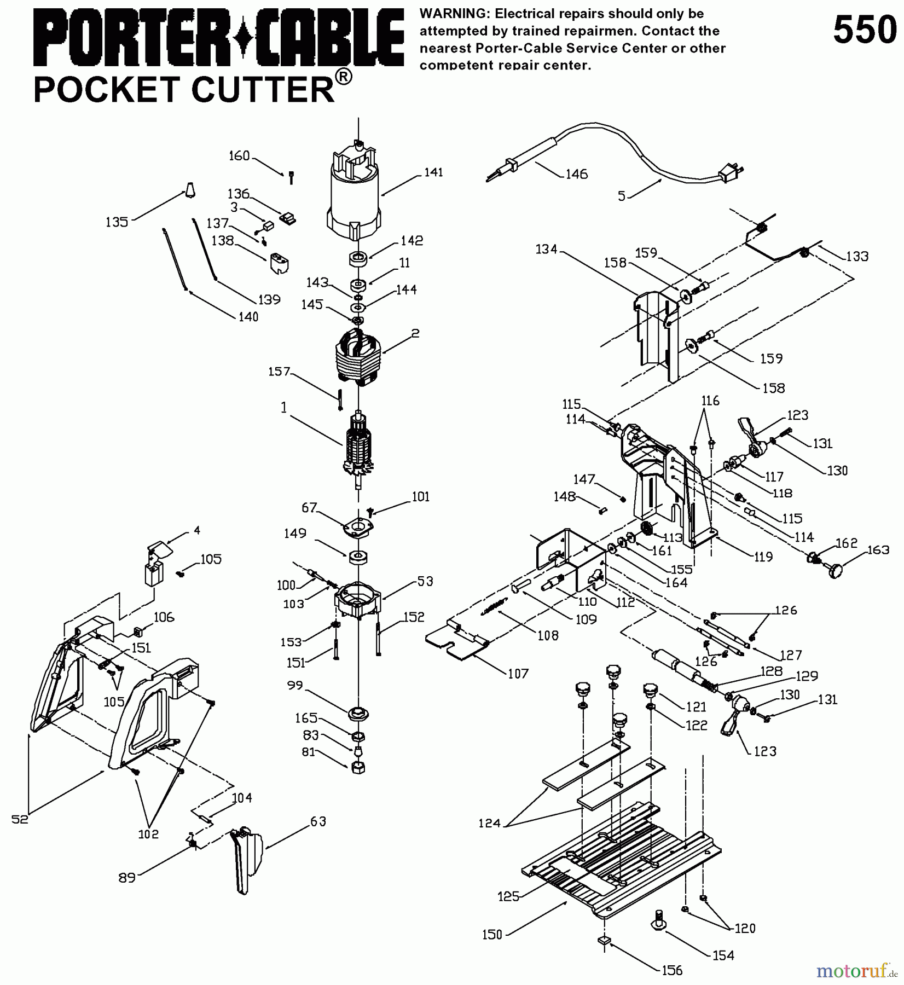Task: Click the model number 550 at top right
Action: point(865,30)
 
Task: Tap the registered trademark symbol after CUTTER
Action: point(343,77)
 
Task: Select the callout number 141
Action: point(433,172)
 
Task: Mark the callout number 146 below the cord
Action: point(576,174)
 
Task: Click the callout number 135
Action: point(117,222)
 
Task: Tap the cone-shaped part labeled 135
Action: point(189,189)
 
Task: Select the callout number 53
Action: point(425,581)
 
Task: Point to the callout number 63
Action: point(318,821)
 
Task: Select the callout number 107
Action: point(518,674)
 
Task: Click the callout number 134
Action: point(546,250)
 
